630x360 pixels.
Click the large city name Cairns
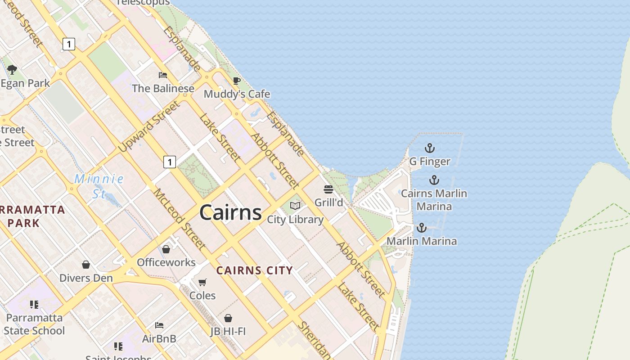pyautogui.click(x=230, y=212)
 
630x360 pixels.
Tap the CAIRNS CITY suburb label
pyautogui.click(x=254, y=270)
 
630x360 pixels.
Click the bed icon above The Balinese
pyautogui.click(x=163, y=75)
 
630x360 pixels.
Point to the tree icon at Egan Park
pyautogui.click(x=12, y=70)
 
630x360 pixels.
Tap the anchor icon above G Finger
pyautogui.click(x=430, y=148)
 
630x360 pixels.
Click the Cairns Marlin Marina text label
pyautogui.click(x=434, y=200)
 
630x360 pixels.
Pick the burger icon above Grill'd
pyautogui.click(x=328, y=189)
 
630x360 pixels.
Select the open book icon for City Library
pyautogui.click(x=295, y=206)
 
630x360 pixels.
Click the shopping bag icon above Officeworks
pyautogui.click(x=166, y=249)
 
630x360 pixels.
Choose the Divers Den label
pyautogui.click(x=86, y=278)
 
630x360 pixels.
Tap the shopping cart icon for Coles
pyautogui.click(x=202, y=282)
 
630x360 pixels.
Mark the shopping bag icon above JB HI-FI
pyautogui.click(x=228, y=318)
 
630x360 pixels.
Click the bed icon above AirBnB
pyautogui.click(x=159, y=325)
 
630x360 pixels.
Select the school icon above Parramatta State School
pyautogui.click(x=34, y=305)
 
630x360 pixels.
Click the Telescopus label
pyautogui.click(x=143, y=3)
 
